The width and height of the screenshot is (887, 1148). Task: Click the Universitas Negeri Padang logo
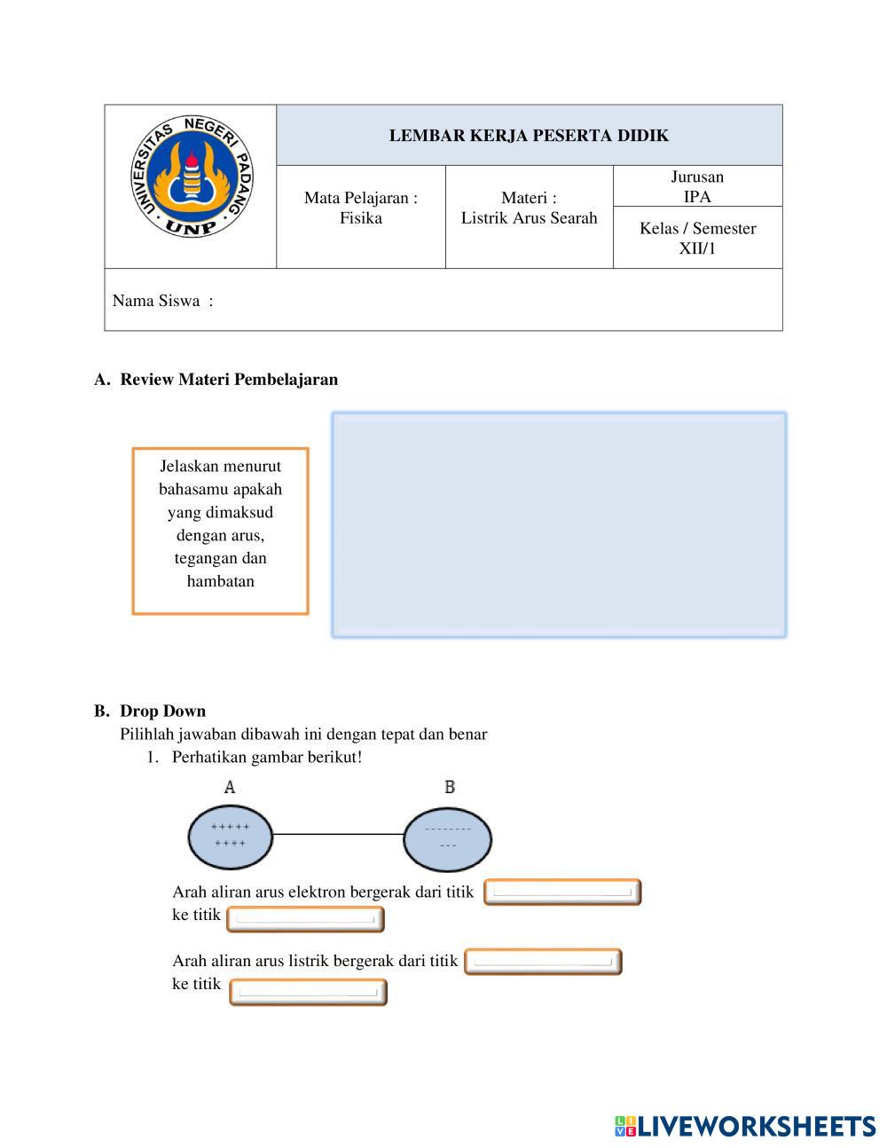pyautogui.click(x=190, y=178)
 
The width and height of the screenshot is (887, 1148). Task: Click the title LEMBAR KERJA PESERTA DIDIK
pyautogui.click(x=529, y=136)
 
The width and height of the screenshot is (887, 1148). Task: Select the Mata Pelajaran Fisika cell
pyautogui.click(x=360, y=208)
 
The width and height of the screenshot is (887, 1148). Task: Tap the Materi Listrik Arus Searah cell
pyautogui.click(x=529, y=208)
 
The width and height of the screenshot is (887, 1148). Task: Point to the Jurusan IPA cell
pyautogui.click(x=697, y=186)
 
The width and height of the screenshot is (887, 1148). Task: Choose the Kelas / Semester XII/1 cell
pyautogui.click(x=697, y=238)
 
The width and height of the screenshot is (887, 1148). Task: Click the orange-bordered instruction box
pyautogui.click(x=220, y=531)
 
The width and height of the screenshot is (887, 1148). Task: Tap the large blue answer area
pyautogui.click(x=559, y=524)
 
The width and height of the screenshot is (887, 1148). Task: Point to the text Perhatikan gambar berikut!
pyautogui.click(x=267, y=757)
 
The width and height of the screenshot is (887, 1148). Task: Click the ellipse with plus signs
pyautogui.click(x=230, y=836)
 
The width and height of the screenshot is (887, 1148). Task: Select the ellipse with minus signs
pyautogui.click(x=448, y=837)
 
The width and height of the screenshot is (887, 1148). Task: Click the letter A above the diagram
pyautogui.click(x=230, y=787)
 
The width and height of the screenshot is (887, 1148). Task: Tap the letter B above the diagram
pyautogui.click(x=450, y=787)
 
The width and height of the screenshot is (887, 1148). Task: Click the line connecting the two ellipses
pyautogui.click(x=338, y=835)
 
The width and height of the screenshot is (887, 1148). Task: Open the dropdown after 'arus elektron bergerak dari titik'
pyautogui.click(x=562, y=892)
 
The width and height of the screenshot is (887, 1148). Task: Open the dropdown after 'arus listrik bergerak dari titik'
pyautogui.click(x=543, y=962)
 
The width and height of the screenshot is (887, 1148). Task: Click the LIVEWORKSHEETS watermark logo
pyautogui.click(x=745, y=1126)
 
